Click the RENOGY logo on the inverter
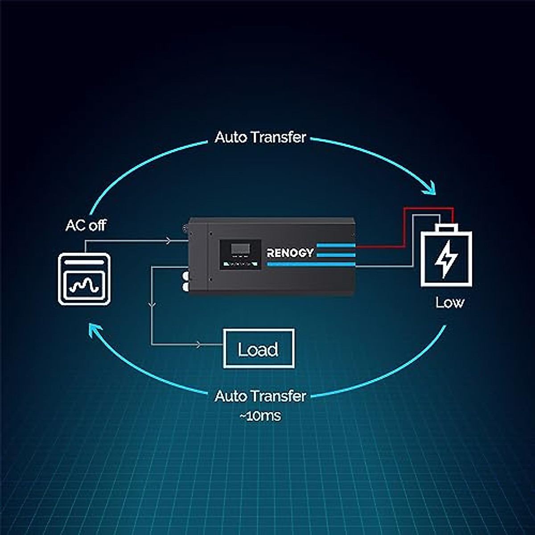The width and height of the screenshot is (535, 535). tap(290, 253)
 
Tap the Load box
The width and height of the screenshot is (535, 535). tap(259, 349)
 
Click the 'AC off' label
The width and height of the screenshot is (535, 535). tap(86, 225)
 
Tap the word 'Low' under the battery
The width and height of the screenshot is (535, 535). tap(449, 303)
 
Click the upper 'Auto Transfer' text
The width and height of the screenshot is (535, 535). tap(260, 137)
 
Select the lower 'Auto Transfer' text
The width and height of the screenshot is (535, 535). tap(260, 396)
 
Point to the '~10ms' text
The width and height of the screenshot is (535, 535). tap(260, 416)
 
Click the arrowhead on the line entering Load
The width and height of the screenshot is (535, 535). tap(199, 345)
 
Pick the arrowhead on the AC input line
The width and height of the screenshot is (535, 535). tap(168, 241)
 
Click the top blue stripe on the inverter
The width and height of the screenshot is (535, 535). tap(336, 246)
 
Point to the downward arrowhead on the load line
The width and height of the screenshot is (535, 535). tap(152, 305)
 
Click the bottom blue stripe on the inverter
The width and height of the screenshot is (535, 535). tap(311, 264)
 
